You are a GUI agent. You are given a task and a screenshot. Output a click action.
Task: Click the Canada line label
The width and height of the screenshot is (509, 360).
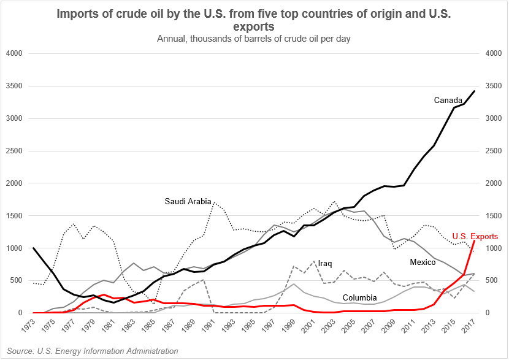pyautogui.click(x=448, y=100)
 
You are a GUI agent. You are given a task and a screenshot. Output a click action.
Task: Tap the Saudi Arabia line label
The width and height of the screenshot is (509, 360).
pyautogui.click(x=188, y=201)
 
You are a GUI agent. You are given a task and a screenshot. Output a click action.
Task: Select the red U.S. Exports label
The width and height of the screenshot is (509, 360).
pyautogui.click(x=475, y=236)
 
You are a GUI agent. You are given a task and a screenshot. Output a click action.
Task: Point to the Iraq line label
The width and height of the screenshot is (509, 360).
pyautogui.click(x=325, y=263)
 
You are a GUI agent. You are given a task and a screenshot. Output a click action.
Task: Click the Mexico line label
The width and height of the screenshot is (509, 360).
pyautogui.click(x=424, y=262)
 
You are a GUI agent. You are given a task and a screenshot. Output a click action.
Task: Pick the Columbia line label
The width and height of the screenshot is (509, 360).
pyautogui.click(x=359, y=298)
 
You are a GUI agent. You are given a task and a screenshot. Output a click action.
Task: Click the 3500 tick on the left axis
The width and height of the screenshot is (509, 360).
pyautogui.click(x=13, y=86)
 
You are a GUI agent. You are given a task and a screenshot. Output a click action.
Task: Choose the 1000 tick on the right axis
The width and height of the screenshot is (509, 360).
pyautogui.click(x=494, y=248)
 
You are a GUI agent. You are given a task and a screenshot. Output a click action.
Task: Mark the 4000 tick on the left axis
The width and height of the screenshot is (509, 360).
pyautogui.click(x=13, y=54)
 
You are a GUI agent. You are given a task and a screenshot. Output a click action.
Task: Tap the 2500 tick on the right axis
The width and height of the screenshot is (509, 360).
pyautogui.click(x=494, y=151)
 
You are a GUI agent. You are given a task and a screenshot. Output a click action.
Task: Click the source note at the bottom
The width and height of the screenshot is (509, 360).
pyautogui.click(x=90, y=351)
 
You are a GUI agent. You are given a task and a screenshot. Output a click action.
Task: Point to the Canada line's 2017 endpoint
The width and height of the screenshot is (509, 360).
pyautogui.click(x=475, y=91)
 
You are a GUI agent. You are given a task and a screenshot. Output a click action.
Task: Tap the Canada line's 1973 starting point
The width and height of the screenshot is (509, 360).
pyautogui.click(x=34, y=248)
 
